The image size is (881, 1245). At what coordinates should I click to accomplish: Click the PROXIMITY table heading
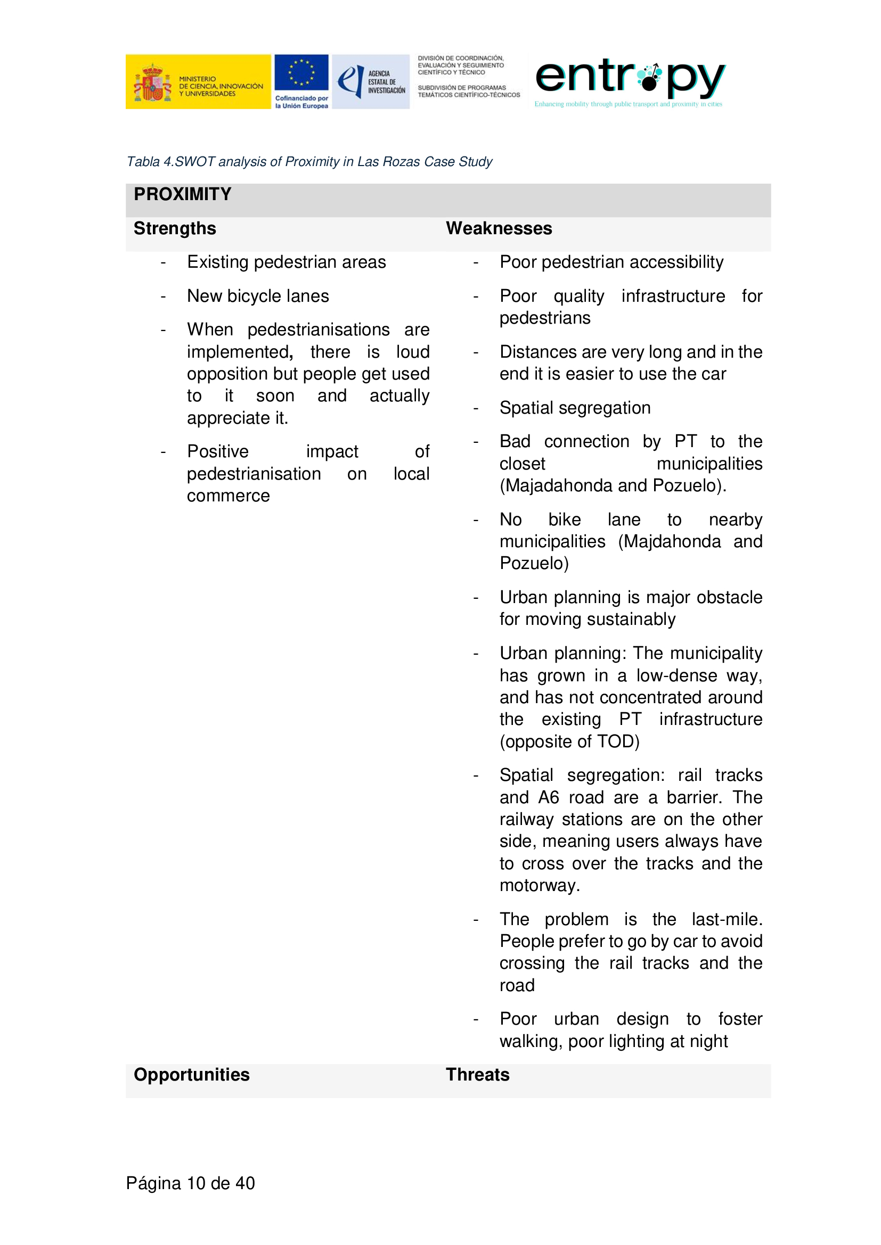[182, 194]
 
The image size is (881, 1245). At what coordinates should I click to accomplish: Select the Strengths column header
[175, 228]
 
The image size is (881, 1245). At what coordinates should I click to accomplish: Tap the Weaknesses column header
[499, 228]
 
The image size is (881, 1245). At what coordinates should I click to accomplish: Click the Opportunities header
[192, 1074]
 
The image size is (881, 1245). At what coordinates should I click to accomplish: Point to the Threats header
[477, 1074]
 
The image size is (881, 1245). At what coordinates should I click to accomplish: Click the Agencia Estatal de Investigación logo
[371, 81]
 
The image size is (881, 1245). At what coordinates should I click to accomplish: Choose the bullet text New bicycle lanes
[258, 296]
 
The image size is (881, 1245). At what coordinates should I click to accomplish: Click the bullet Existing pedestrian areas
[287, 262]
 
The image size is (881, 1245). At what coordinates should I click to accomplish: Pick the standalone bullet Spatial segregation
[575, 408]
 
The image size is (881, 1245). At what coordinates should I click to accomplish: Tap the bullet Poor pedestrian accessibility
[611, 262]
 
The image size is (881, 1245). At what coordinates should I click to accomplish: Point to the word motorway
[539, 886]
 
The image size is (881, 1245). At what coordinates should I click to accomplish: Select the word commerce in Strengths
[229, 496]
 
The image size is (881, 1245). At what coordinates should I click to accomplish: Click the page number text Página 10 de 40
[190, 1183]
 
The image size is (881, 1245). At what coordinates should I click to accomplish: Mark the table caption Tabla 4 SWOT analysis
[309, 162]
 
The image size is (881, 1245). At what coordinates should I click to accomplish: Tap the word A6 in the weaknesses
[549, 797]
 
